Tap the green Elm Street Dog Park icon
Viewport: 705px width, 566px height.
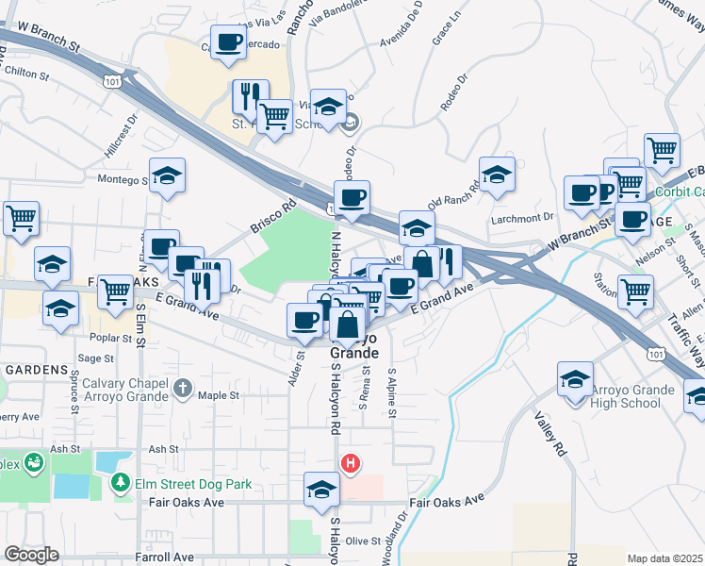click(121, 484)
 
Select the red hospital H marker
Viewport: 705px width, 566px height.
click(350, 463)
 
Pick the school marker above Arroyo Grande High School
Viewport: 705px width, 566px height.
click(575, 379)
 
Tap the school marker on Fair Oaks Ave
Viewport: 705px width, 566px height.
click(321, 491)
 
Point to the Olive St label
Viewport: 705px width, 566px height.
click(362, 541)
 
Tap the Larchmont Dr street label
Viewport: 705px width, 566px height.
click(521, 219)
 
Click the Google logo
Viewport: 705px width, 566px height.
click(31, 555)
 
